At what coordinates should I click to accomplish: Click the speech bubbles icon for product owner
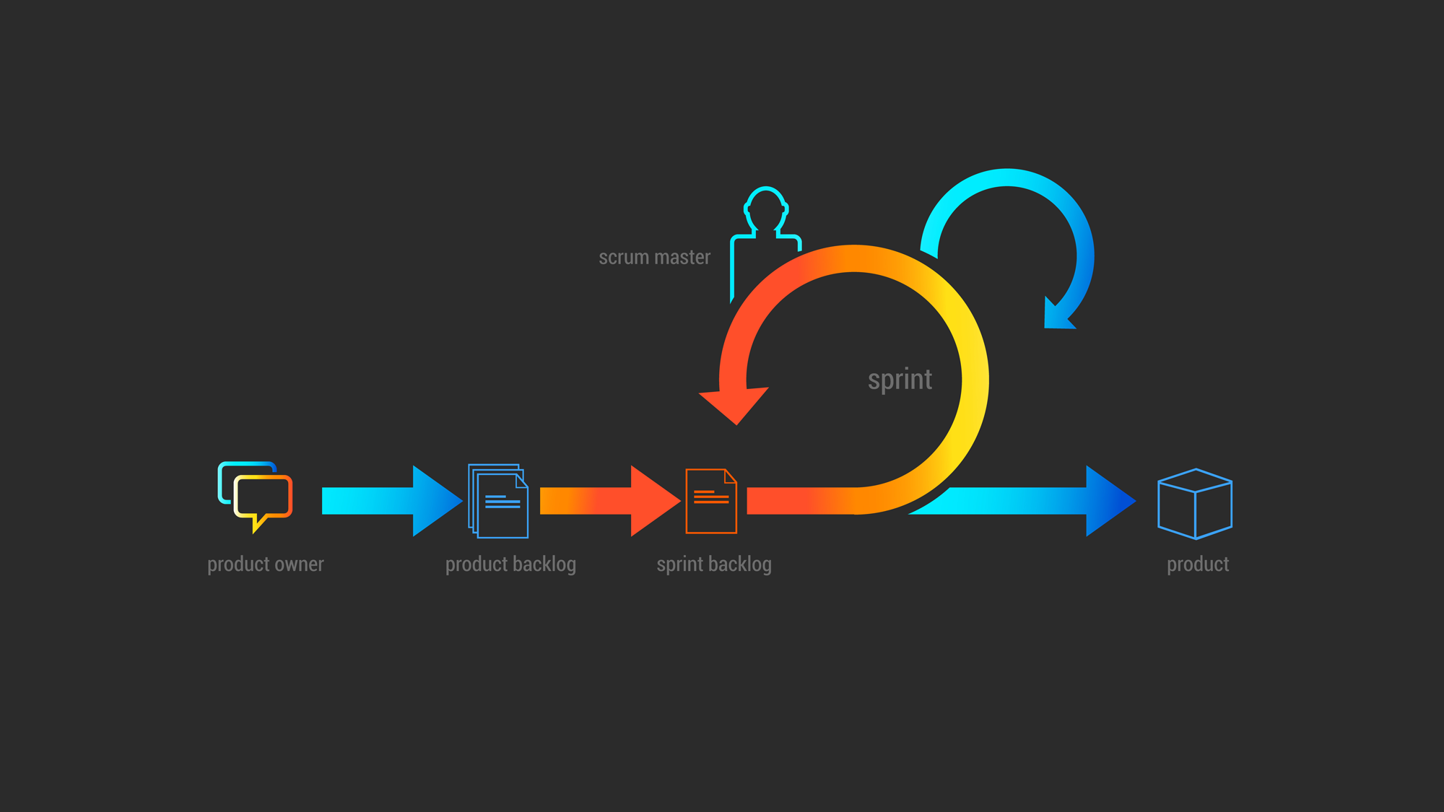coord(255,494)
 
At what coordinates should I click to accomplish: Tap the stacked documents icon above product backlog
coord(498,501)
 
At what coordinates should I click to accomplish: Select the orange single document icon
coord(710,501)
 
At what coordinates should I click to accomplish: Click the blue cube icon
coord(1195,503)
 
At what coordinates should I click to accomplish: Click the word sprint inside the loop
coord(900,380)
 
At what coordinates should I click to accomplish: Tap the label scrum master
coord(654,258)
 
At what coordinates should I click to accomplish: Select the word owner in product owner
coord(299,564)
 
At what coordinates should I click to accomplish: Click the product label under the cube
coord(1198,564)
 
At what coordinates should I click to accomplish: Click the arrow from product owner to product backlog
coord(390,501)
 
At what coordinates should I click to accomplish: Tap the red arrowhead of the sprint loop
coord(734,404)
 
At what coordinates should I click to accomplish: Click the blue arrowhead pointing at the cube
coord(1108,501)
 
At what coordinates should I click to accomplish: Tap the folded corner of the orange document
coord(730,476)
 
